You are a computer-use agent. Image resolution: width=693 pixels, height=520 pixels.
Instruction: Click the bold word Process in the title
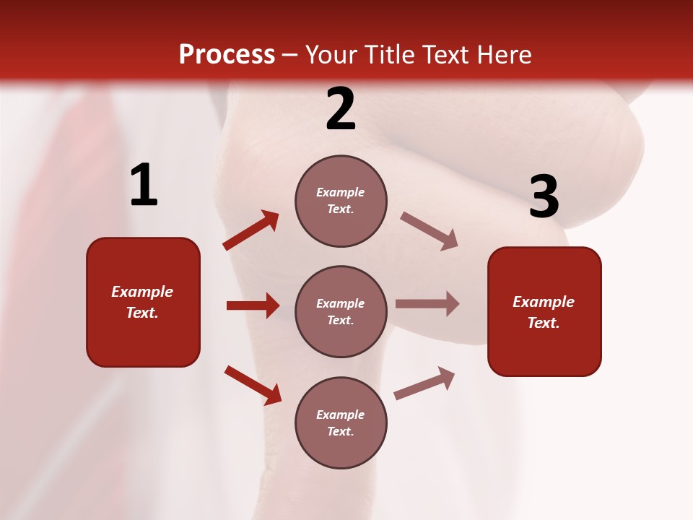(x=227, y=55)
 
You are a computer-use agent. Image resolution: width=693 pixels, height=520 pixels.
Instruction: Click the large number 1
(x=144, y=185)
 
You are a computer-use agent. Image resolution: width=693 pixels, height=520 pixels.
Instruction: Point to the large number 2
(x=341, y=109)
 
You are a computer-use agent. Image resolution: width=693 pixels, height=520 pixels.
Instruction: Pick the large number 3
(x=544, y=196)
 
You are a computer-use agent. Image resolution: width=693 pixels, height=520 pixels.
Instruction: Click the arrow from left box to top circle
(x=251, y=230)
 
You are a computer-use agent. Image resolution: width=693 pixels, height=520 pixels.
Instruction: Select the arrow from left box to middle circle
(x=253, y=305)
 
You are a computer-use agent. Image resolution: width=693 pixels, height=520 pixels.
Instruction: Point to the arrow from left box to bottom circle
(x=253, y=385)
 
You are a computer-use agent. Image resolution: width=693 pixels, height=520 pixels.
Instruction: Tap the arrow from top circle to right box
(x=429, y=231)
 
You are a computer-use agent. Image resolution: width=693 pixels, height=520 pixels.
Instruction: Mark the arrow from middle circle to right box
(x=427, y=303)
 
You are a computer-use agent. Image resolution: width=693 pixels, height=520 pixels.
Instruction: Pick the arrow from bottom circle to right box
(x=424, y=383)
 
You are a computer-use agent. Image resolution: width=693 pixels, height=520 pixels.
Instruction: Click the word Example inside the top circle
(x=340, y=193)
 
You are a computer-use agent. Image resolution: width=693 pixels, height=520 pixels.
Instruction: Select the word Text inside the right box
(x=543, y=323)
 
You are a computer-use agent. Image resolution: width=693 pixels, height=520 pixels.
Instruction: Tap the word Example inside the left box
(x=142, y=292)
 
